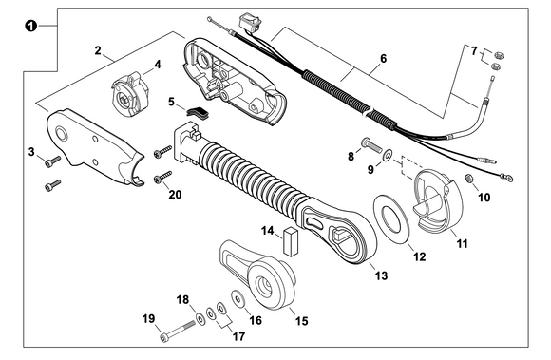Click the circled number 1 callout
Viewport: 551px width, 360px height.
click(31, 27)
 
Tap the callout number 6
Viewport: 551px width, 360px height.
click(383, 59)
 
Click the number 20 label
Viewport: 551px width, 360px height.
click(174, 195)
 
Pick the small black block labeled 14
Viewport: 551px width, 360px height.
click(291, 237)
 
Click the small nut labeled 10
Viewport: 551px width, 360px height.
click(469, 179)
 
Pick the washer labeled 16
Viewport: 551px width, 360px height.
click(237, 301)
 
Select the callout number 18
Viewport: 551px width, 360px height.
click(182, 299)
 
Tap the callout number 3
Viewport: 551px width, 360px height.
click(31, 152)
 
